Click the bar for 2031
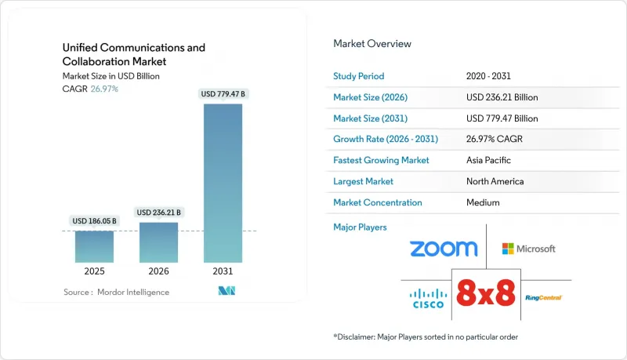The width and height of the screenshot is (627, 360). pos(223,182)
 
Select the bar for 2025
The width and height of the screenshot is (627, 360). pos(94,246)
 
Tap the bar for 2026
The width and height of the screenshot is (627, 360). pos(158,242)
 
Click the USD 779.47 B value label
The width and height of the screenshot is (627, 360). pos(223,94)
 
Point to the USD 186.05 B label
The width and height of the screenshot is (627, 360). pos(94,221)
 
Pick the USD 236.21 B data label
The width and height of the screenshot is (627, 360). pos(158,213)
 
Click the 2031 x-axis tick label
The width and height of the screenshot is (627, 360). pos(223,271)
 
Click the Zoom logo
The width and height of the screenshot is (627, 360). pos(443,249)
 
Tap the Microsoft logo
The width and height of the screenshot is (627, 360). pos(529,249)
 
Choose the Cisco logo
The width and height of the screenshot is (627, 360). pos(427,298)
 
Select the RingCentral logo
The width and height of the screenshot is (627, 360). pos(543,298)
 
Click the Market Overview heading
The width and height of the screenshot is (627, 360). pos(371,43)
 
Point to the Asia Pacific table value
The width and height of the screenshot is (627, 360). pos(488,160)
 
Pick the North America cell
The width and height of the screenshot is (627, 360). pos(494,181)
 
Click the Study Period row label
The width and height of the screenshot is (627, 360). pos(359,76)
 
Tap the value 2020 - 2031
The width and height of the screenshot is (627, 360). pos(488,76)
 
